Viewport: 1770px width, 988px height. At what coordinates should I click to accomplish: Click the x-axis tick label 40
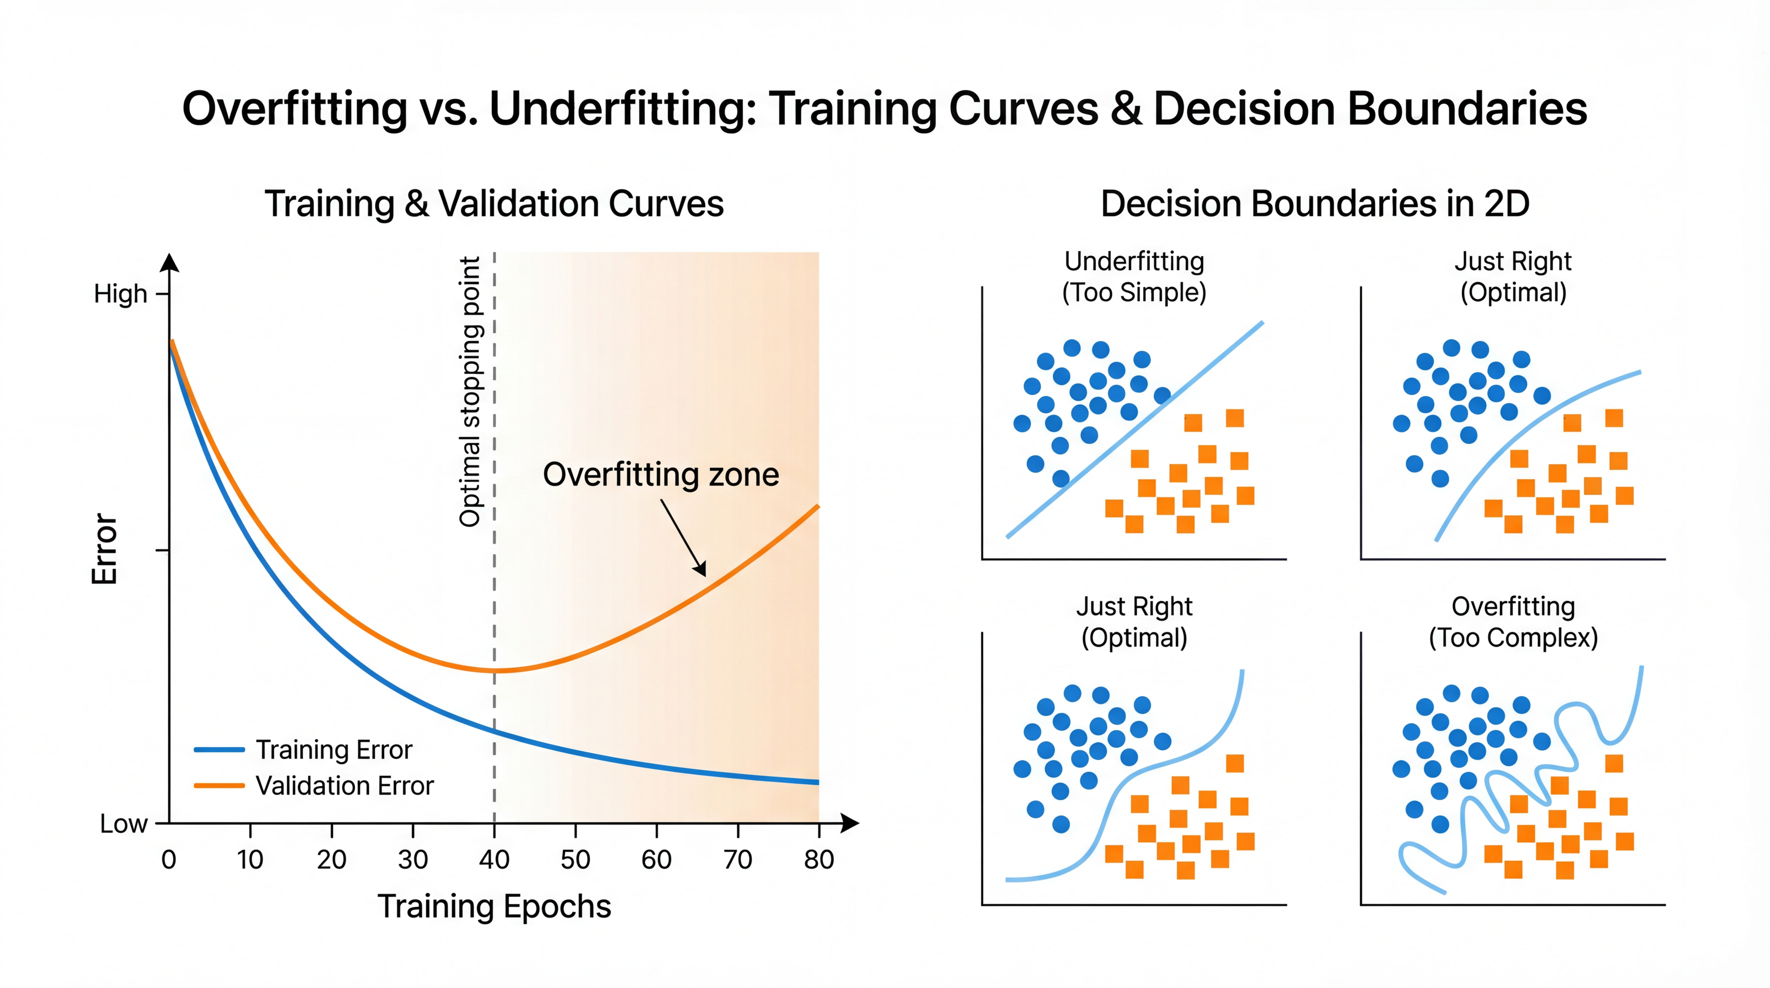494,860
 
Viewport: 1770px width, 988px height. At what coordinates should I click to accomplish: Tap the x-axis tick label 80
819,860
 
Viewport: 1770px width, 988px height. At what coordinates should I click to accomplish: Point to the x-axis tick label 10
250,860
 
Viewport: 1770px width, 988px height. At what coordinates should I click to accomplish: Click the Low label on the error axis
124,824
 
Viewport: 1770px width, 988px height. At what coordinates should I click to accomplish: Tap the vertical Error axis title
105,548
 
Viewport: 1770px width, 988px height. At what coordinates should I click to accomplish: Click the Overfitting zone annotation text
661,475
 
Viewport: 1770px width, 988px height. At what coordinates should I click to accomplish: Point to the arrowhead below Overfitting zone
701,570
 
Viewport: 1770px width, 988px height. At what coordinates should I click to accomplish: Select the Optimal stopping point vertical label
470,392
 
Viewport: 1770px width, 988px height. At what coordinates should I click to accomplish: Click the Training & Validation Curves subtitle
494,204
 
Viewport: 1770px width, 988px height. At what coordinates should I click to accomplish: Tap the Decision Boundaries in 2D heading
1315,204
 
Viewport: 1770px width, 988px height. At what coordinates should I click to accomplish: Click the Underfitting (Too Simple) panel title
1135,277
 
